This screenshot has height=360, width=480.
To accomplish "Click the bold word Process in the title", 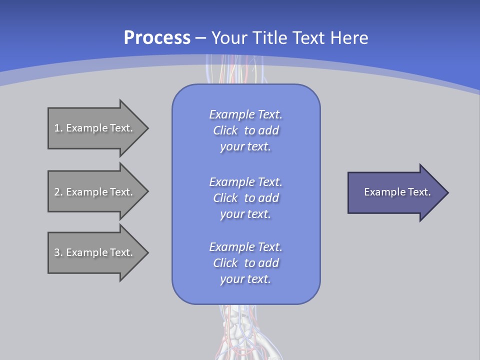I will coord(157,38).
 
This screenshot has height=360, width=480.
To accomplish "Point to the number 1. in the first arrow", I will coord(58,128).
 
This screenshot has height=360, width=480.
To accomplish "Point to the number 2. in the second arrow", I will coord(58,192).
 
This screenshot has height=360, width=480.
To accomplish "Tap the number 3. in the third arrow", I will coord(58,252).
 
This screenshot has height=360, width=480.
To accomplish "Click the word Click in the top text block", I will coord(225,130).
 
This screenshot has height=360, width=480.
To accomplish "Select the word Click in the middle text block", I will coord(225,198).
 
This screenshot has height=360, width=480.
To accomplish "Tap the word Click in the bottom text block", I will coord(225,263).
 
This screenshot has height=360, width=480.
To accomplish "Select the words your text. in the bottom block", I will coord(245,279).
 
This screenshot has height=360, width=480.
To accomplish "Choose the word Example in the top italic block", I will coord(231,114).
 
